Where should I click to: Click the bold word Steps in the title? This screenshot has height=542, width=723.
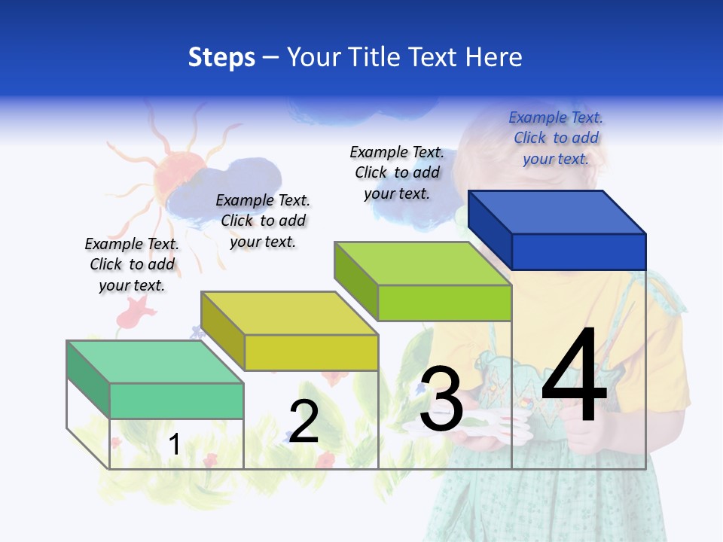(221, 57)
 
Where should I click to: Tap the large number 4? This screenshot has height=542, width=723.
(574, 376)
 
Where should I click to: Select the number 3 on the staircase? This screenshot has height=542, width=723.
(441, 399)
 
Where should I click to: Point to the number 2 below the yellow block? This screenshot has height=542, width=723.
(304, 422)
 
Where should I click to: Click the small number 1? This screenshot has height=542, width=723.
(174, 445)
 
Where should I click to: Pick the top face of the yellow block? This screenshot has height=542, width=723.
(289, 313)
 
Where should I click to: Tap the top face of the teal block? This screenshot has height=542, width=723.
(155, 362)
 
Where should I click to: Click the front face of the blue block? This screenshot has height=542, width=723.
(578, 251)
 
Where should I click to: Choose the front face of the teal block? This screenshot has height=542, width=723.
(176, 400)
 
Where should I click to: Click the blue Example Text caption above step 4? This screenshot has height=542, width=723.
(556, 139)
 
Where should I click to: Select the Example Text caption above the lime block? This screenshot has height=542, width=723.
(397, 173)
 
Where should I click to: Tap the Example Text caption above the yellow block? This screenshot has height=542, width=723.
(263, 221)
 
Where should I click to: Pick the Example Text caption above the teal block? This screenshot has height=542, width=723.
(132, 265)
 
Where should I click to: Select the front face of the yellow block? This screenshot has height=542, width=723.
(311, 352)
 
